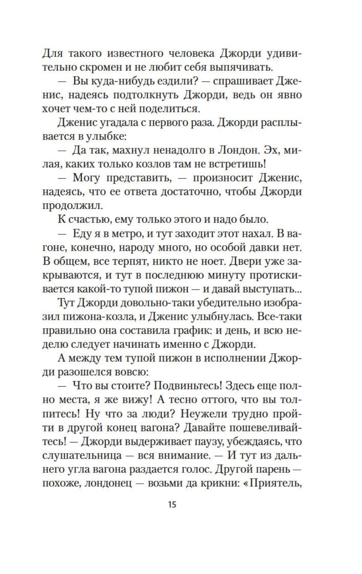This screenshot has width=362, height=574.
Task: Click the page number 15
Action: [172, 504]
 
